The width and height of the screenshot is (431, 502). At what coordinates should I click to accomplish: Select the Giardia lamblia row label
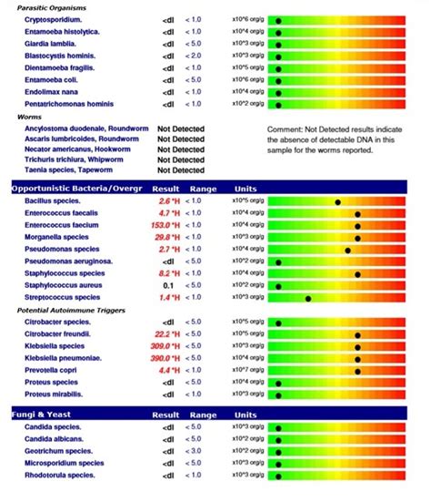tap(51, 43)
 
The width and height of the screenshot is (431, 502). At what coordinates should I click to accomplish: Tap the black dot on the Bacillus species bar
tap(338, 201)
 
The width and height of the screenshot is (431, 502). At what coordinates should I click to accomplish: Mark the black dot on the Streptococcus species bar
tap(309, 297)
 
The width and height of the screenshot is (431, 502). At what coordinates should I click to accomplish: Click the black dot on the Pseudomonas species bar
tap(347, 249)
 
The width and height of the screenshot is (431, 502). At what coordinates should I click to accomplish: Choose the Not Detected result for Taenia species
tap(181, 169)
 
